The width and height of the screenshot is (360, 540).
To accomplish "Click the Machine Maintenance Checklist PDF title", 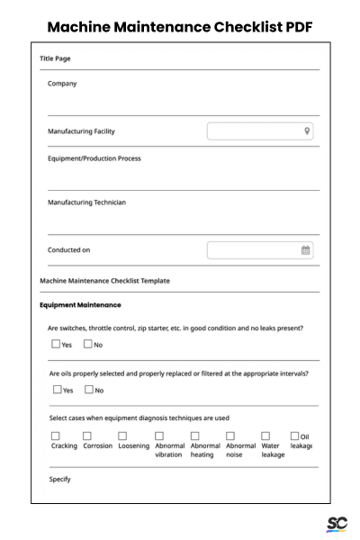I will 180,26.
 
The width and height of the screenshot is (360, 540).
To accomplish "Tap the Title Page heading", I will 56,58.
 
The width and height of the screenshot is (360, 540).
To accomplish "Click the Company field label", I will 62,84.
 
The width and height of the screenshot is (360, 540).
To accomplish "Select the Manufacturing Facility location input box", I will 260,131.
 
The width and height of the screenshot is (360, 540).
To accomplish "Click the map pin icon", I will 307,131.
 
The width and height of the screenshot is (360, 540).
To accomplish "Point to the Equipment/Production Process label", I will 94,158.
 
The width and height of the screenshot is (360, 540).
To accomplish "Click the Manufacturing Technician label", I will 86,202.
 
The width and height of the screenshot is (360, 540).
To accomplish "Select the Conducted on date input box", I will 260,250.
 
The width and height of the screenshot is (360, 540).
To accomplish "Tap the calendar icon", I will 306,250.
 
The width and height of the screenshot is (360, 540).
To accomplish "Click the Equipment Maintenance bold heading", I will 80,305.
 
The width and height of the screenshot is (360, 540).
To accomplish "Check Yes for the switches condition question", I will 56,344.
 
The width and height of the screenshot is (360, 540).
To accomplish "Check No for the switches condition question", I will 88,344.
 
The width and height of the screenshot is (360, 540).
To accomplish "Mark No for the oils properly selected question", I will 88,389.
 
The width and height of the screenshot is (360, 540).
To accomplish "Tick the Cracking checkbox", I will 56,436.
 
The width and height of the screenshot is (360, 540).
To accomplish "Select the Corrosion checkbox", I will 88,436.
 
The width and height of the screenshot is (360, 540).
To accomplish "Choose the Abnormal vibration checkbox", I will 159,436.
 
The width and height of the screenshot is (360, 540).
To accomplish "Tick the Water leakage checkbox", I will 265,436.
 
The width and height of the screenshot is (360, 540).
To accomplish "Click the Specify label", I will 59,479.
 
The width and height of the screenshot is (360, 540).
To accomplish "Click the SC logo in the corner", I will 337,524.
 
